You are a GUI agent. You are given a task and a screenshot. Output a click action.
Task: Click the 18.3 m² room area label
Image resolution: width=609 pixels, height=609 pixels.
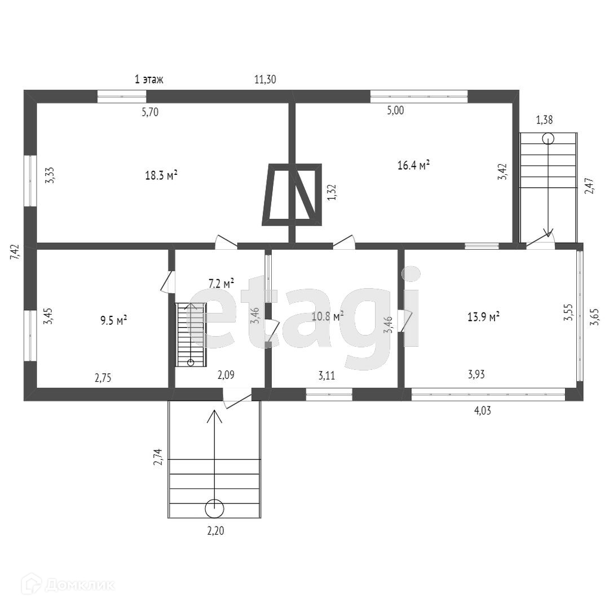[x=161, y=175]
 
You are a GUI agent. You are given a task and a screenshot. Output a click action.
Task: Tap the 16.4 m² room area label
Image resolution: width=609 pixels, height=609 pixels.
[x=414, y=165]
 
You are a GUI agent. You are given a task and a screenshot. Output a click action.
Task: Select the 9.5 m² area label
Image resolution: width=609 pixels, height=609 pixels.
[x=113, y=320]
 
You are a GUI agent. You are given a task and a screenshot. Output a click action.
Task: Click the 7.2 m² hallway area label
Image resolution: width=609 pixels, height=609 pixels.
[x=221, y=284]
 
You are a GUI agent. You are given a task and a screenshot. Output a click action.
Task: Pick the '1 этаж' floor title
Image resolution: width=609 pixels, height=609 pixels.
[x=149, y=80]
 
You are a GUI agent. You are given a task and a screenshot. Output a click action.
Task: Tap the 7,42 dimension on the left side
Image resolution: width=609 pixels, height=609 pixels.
[x=15, y=251]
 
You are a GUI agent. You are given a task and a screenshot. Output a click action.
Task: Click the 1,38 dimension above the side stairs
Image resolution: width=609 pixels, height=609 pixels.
[x=544, y=120]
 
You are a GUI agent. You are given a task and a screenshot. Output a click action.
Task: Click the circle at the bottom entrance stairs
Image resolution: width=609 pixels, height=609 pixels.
[x=214, y=508]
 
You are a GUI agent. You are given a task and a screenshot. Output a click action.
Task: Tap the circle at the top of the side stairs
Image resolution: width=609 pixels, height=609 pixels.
[x=548, y=139]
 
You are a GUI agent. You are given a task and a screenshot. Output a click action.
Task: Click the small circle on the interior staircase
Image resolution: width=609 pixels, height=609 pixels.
[x=191, y=362]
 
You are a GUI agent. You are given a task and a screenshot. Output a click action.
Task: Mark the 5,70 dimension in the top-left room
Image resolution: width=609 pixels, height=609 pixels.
[x=149, y=112]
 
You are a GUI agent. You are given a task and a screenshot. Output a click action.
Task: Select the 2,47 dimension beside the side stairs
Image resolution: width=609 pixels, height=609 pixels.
[x=589, y=186]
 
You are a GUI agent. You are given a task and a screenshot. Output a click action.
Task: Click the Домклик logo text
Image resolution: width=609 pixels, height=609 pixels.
[x=79, y=585]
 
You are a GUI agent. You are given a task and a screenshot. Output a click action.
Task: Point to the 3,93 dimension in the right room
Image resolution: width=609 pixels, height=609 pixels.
[x=477, y=374]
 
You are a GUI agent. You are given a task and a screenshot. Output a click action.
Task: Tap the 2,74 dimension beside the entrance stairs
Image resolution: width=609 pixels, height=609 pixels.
[x=158, y=456]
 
